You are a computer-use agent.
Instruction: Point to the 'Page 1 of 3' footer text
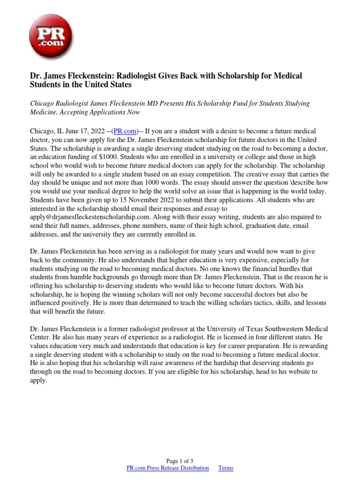pos(180,461)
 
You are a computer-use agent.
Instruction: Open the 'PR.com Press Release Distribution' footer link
pos(168,468)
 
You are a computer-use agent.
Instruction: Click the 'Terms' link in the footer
pos(225,468)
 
